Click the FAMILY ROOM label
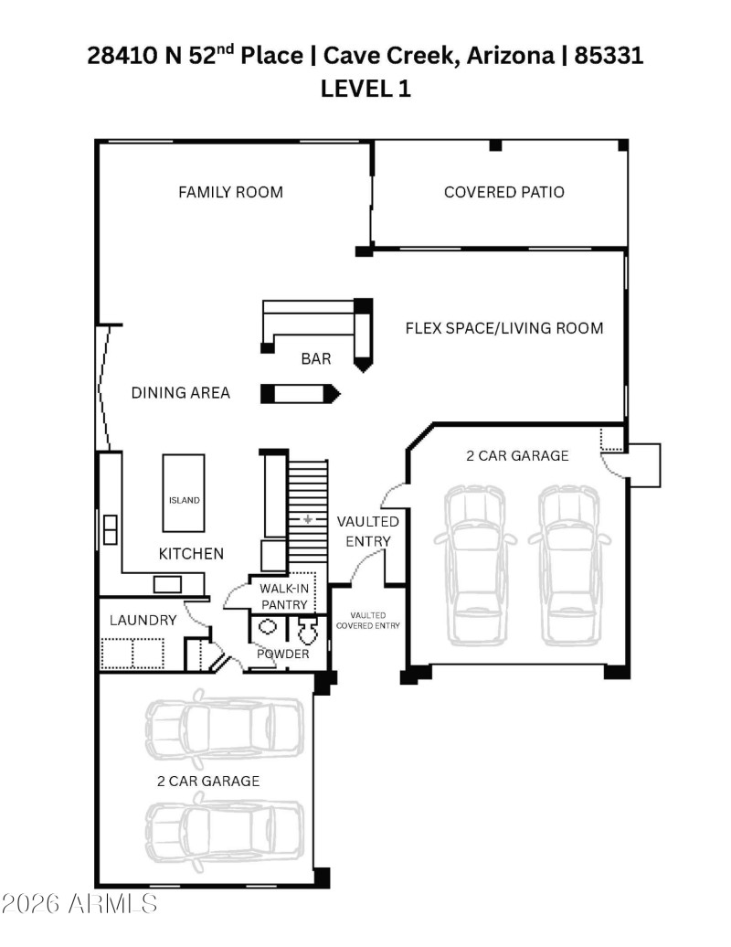pyautogui.click(x=230, y=192)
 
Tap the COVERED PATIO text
pyautogui.click(x=503, y=192)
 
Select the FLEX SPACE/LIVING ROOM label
pyautogui.click(x=504, y=327)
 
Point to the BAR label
pyautogui.click(x=316, y=359)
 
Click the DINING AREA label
pyautogui.click(x=180, y=393)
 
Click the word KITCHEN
pyautogui.click(x=191, y=553)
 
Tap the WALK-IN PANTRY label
pyautogui.click(x=285, y=596)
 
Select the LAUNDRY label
pyautogui.click(x=143, y=620)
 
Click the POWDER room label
pyautogui.click(x=282, y=654)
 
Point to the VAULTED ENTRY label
pyautogui.click(x=367, y=531)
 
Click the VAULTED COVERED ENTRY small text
pyautogui.click(x=368, y=621)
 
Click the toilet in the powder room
pyautogui.click(x=307, y=630)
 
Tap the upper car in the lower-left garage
pyautogui.click(x=224, y=729)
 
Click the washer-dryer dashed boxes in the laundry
pyautogui.click(x=132, y=654)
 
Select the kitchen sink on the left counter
pyautogui.click(x=111, y=529)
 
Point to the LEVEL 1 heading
pyautogui.click(x=365, y=89)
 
